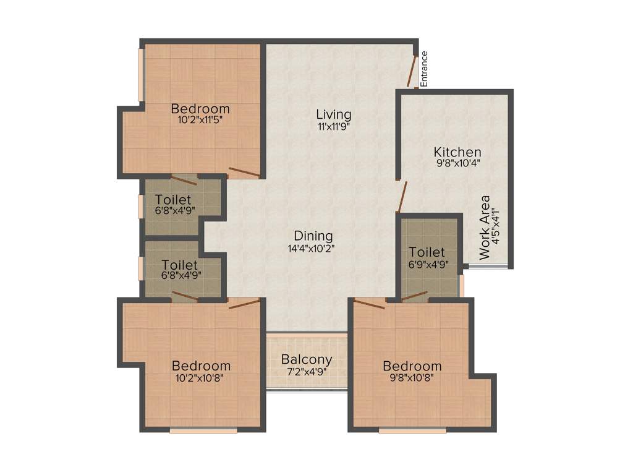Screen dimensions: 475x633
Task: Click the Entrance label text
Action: pyautogui.click(x=425, y=68)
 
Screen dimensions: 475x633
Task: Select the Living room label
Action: pyautogui.click(x=334, y=114)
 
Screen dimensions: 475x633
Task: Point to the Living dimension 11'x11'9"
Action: pyautogui.click(x=334, y=126)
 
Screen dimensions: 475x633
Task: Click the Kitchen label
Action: pyautogui.click(x=457, y=152)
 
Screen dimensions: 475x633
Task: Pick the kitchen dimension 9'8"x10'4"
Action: pyautogui.click(x=458, y=164)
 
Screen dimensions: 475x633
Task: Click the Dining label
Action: pyautogui.click(x=313, y=236)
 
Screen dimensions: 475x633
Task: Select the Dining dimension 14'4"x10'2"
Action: pyautogui.click(x=313, y=248)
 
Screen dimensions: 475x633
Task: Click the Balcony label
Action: pyautogui.click(x=307, y=359)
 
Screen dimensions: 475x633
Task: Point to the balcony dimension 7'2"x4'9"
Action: pyautogui.click(x=307, y=371)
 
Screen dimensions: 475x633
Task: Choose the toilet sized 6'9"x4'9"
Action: pyautogui.click(x=427, y=257)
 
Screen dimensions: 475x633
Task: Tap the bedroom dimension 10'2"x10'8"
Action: pyautogui.click(x=201, y=377)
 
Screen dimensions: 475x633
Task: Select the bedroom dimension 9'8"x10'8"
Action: pyautogui.click(x=412, y=377)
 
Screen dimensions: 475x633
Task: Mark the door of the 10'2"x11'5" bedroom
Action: pyautogui.click(x=244, y=172)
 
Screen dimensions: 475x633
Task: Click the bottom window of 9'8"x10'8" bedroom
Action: pyautogui.click(x=412, y=430)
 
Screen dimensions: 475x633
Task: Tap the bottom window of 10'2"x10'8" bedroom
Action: pyautogui.click(x=203, y=430)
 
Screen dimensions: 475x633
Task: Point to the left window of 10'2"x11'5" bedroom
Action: pyautogui.click(x=141, y=74)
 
